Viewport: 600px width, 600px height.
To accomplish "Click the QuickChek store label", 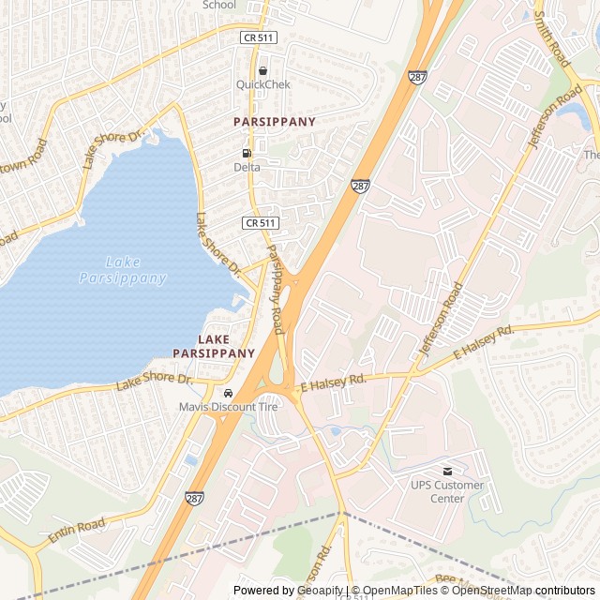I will [x=262, y=84].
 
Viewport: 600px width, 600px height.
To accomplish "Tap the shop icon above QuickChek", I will [x=262, y=70].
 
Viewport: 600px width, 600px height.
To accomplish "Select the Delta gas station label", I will [x=247, y=167].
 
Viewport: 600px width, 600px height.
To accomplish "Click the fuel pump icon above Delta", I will [x=247, y=153].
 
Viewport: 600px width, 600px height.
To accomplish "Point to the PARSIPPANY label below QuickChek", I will [x=275, y=122].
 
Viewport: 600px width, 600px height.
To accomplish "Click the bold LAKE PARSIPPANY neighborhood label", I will [x=214, y=346].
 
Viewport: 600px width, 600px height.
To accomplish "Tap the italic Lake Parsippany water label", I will [x=123, y=270].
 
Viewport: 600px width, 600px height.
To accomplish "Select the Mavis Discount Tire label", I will [x=229, y=407].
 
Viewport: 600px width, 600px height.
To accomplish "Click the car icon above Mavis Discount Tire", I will [x=229, y=393].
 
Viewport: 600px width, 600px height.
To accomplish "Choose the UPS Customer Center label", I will [x=447, y=491].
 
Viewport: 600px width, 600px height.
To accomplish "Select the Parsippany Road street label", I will [x=275, y=290].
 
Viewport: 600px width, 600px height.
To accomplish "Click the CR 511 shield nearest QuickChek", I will [x=258, y=37].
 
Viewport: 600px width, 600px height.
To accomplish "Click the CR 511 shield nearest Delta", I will [x=260, y=222].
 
